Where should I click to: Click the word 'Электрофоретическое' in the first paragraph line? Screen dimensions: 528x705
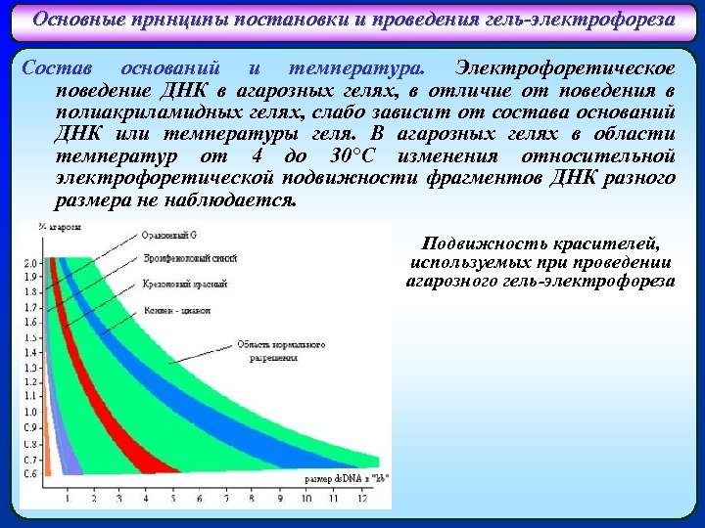click(565, 68)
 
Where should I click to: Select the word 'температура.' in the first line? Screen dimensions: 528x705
click(357, 68)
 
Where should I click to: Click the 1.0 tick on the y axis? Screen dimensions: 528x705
click(30, 413)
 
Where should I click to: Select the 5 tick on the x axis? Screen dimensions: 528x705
click(173, 498)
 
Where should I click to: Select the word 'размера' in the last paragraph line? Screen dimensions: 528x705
click(89, 200)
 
